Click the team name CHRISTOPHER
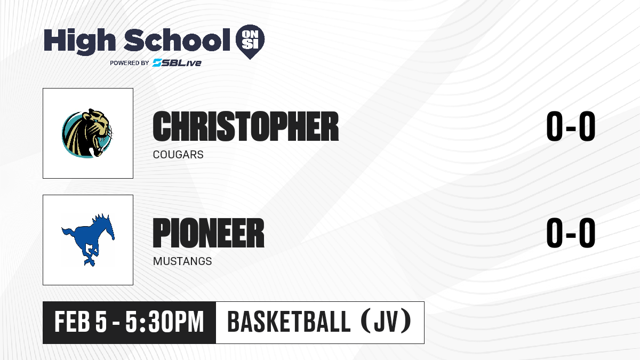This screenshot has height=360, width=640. [x=246, y=126]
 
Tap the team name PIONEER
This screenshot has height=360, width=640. [x=209, y=233]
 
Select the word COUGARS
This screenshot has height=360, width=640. [x=178, y=155]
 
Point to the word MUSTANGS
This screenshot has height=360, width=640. [x=182, y=261]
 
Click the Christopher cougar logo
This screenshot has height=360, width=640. [x=87, y=133]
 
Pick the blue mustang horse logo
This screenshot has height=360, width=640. [x=89, y=239]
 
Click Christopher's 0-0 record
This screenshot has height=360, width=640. [x=571, y=126]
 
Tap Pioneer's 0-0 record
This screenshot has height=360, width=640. [x=571, y=233]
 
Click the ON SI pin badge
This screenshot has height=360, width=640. [x=250, y=42]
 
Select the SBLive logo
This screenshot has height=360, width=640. [x=177, y=62]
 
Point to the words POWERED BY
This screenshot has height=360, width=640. [x=129, y=63]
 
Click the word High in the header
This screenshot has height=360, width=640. [x=79, y=41]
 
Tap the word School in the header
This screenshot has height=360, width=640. [x=177, y=40]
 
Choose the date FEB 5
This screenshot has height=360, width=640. [x=81, y=322]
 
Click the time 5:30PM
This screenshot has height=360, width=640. [x=165, y=322]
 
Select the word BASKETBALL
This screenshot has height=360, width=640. [x=289, y=322]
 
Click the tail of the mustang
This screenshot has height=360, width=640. [x=68, y=233]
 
